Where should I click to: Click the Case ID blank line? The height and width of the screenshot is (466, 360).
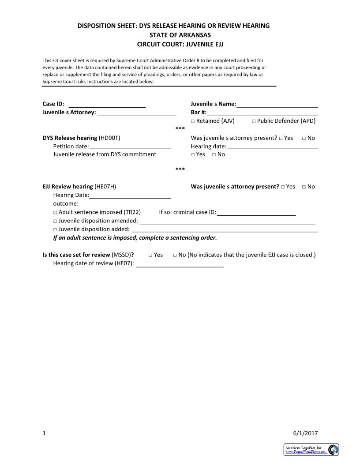(107, 105)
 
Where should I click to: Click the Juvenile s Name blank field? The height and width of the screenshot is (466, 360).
(277, 105)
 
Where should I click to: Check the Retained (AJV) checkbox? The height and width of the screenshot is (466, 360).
(193, 121)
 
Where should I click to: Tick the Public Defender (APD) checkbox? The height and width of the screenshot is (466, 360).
(254, 121)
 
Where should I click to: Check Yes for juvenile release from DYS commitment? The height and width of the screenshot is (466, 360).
(193, 155)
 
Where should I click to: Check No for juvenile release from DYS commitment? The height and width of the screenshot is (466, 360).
(214, 155)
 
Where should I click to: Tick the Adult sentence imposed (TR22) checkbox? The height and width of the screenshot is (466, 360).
(55, 213)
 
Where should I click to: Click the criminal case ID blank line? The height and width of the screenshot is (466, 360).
(256, 213)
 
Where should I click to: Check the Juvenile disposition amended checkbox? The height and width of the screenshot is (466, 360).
(55, 221)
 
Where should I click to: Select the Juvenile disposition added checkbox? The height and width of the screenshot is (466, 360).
(55, 229)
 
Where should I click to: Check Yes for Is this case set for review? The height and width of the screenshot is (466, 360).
(150, 255)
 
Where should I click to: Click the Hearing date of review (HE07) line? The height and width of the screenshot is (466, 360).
(180, 265)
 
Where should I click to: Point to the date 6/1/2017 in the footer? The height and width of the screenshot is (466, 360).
(305, 433)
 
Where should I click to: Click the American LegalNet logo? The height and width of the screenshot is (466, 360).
(311, 449)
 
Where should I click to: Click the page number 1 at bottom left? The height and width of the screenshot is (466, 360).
(44, 433)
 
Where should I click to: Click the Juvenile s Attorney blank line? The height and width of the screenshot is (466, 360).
(137, 113)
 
